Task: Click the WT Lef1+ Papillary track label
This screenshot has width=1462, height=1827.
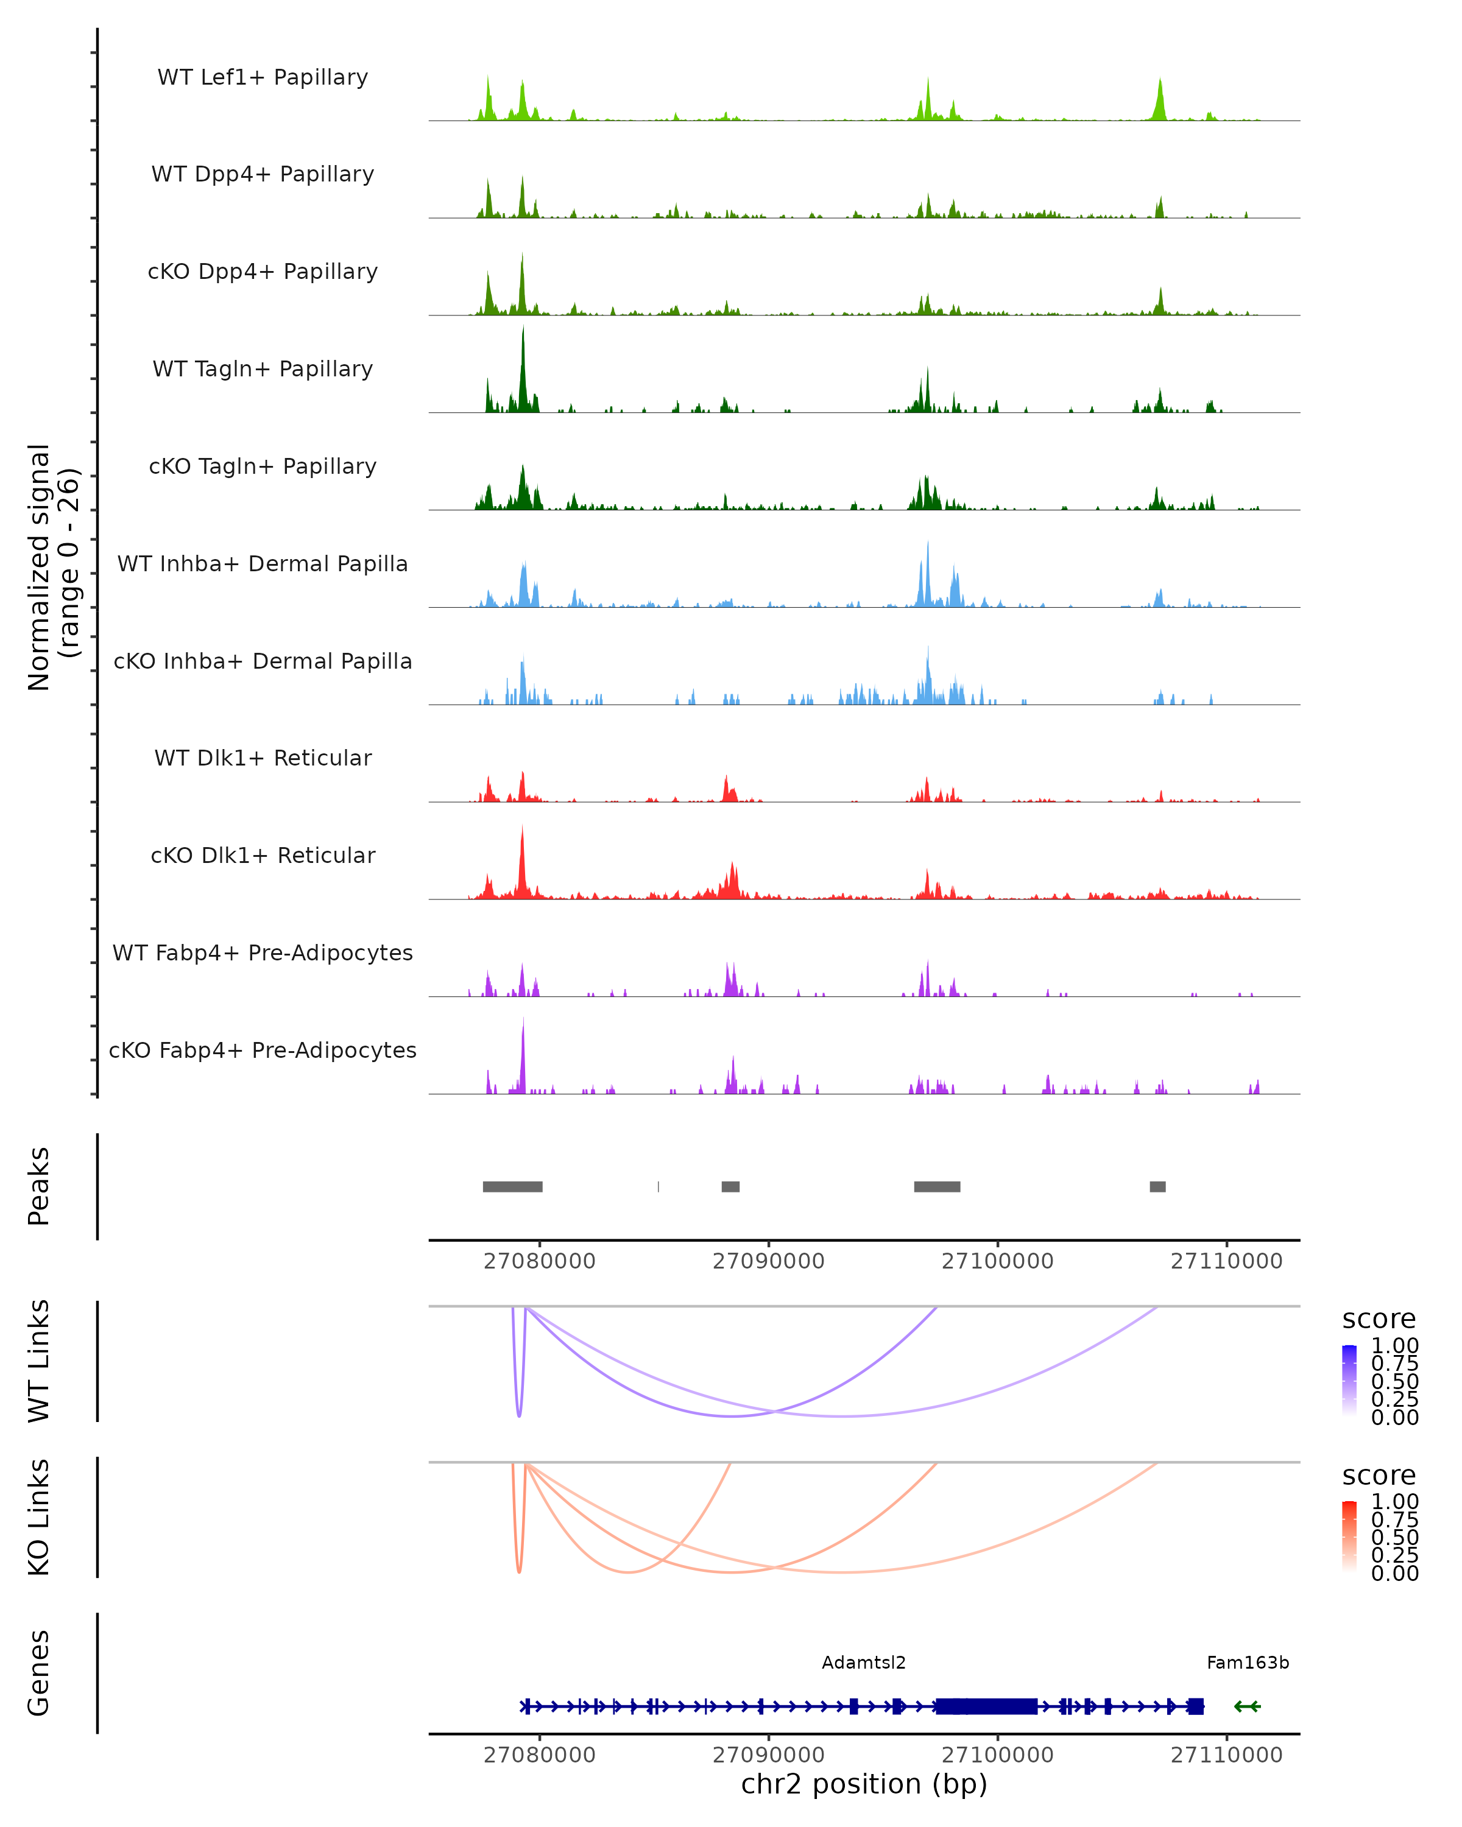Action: tap(263, 77)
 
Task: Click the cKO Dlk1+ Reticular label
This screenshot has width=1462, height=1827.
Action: tap(263, 855)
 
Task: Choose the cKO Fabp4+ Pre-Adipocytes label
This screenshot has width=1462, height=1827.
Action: tap(263, 1050)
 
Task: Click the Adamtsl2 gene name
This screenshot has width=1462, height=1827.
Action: tap(864, 1663)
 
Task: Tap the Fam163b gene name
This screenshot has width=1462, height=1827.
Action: tap(1248, 1663)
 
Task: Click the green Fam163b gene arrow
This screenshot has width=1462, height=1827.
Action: tap(1247, 1706)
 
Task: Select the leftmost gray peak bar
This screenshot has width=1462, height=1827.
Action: tap(513, 1186)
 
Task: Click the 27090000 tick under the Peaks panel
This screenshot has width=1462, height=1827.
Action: tap(769, 1261)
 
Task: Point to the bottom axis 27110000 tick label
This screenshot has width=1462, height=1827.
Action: tap(1226, 1755)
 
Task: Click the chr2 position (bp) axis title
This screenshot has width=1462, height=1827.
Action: tap(864, 1784)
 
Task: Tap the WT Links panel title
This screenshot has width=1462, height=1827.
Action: tap(39, 1361)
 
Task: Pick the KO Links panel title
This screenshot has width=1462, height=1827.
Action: tap(39, 1517)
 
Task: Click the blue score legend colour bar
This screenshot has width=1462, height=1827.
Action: tap(1349, 1379)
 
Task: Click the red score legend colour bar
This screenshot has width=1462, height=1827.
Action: tap(1349, 1535)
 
